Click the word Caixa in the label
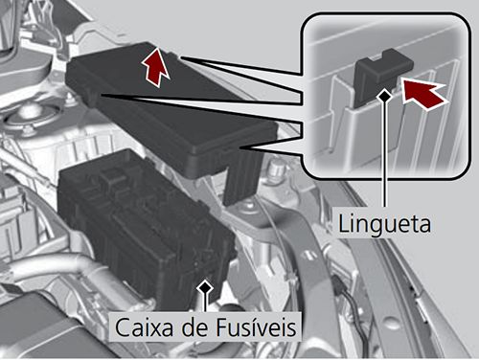pyautogui.click(x=141, y=327)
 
